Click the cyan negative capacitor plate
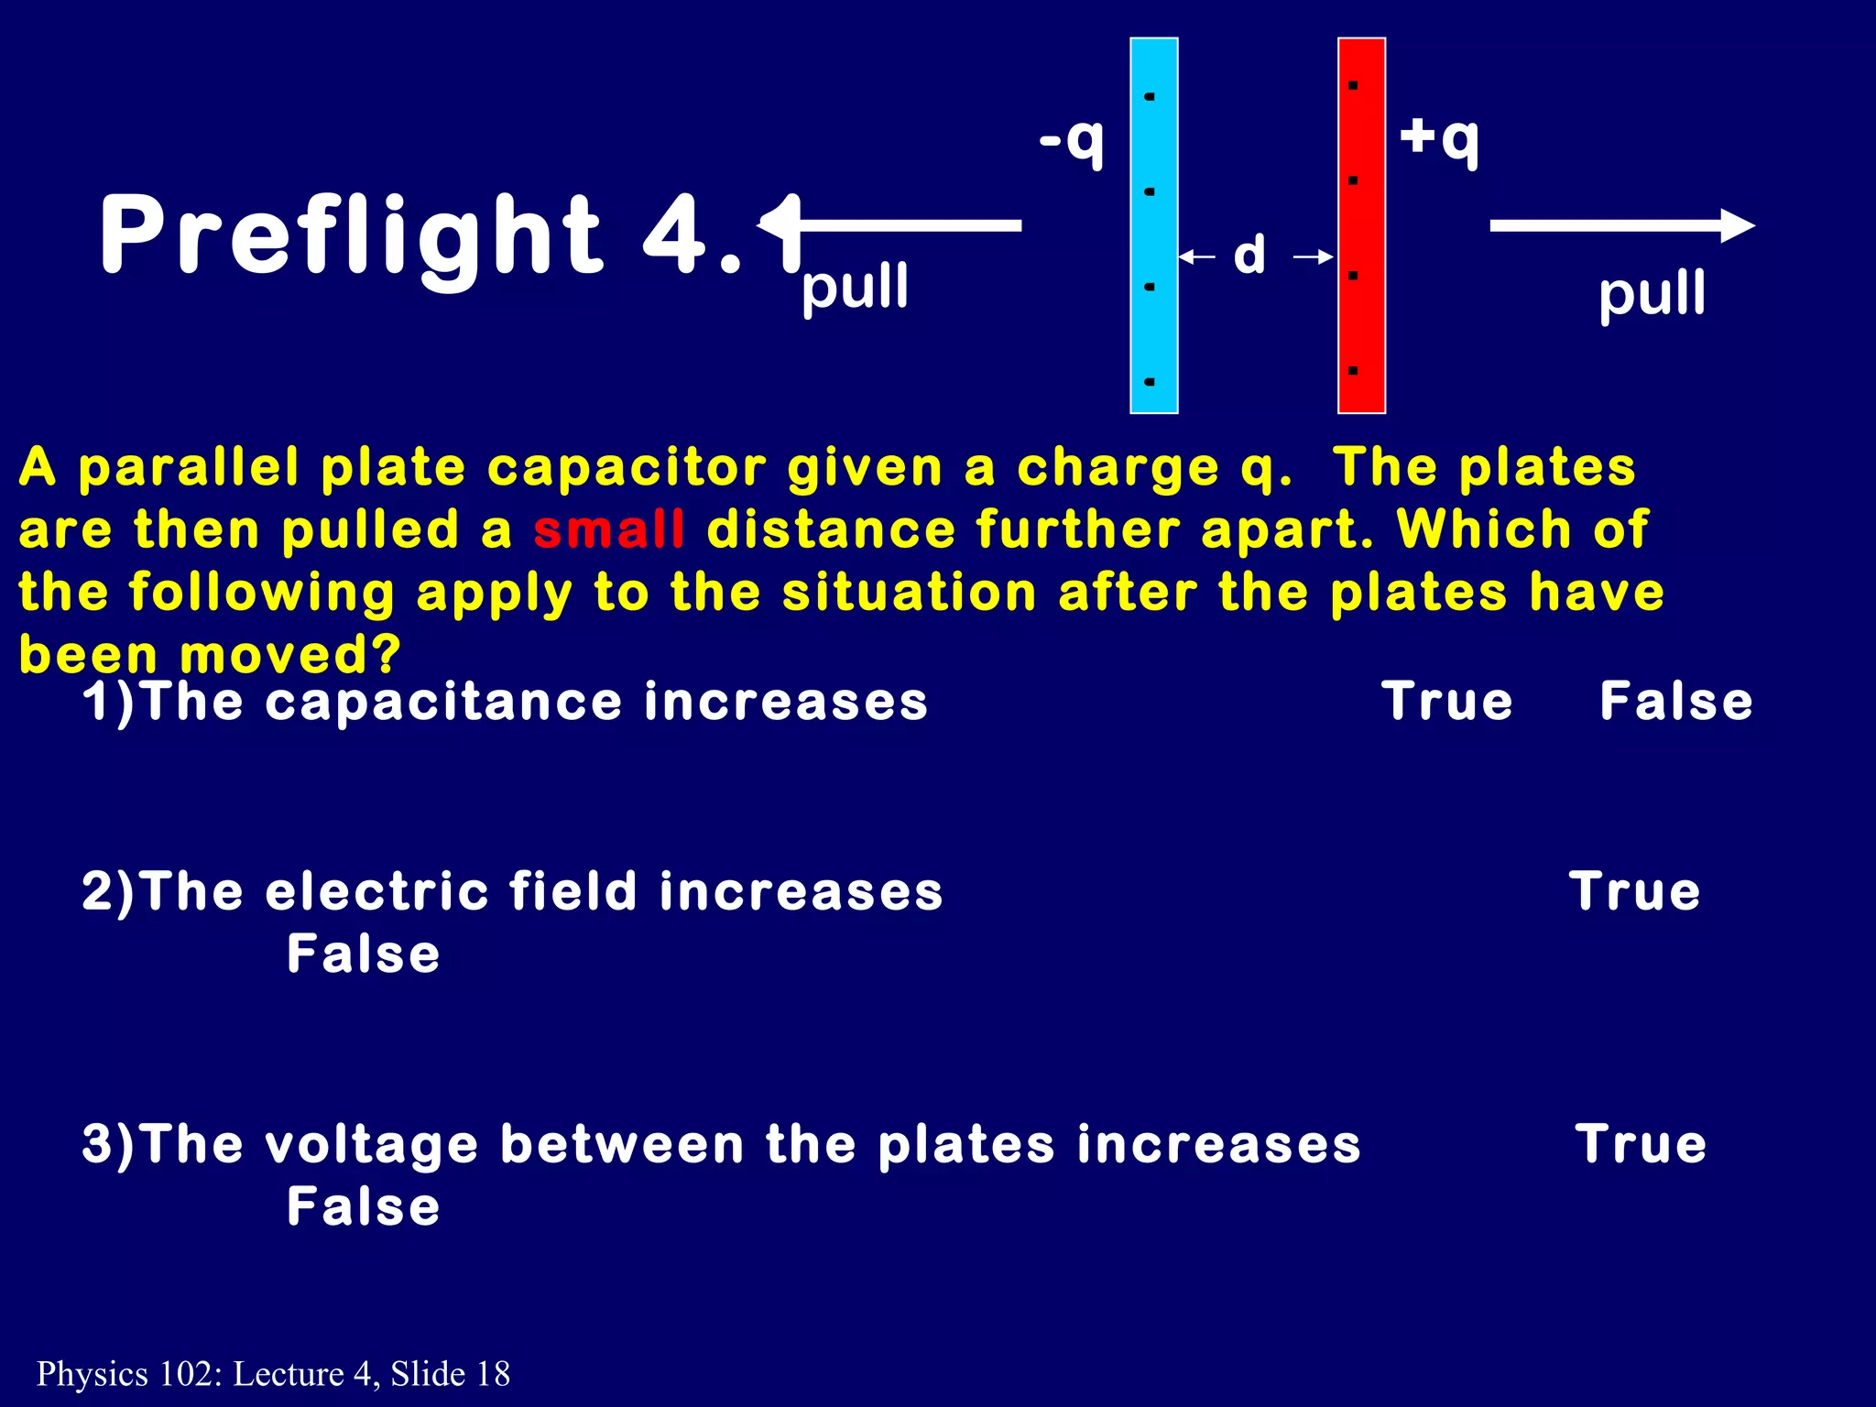tap(1153, 225)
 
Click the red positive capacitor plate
tap(1361, 225)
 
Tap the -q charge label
tap(1072, 141)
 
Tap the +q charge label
tap(1439, 138)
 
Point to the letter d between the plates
tap(1249, 255)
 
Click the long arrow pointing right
tap(1621, 225)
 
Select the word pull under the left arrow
tap(855, 288)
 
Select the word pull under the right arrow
tap(1652, 295)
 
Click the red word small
tap(609, 530)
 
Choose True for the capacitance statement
tap(1446, 703)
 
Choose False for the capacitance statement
tap(1675, 703)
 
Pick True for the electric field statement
tap(1634, 891)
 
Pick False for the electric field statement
tap(364, 954)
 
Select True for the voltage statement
tap(1641, 1144)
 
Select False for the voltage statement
tap(364, 1206)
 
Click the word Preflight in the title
tap(351, 235)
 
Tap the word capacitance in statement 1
tap(443, 703)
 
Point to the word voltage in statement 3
tap(371, 1146)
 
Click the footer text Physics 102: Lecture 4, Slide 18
tap(273, 1374)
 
